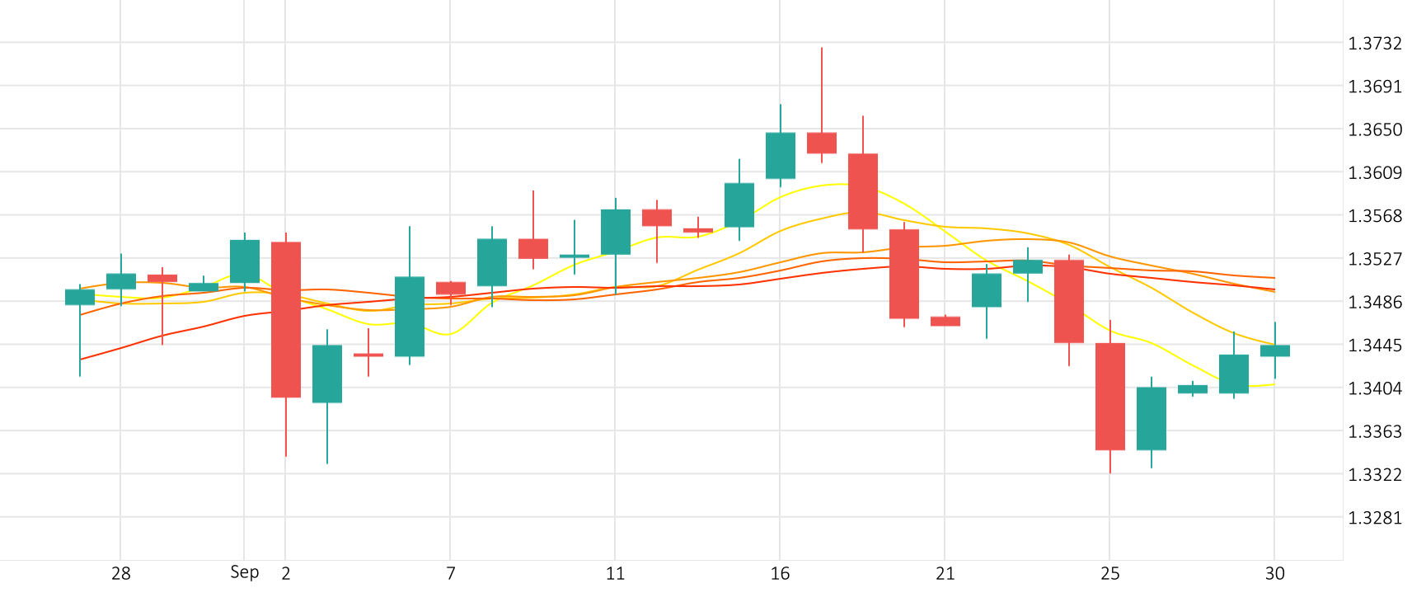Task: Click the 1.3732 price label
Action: tap(1374, 44)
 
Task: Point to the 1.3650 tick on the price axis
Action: tap(1374, 129)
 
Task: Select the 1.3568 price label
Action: tap(1374, 216)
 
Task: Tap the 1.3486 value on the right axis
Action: tap(1374, 302)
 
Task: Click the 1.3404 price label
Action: tap(1374, 388)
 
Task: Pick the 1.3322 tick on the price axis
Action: tap(1374, 475)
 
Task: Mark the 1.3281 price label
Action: tap(1374, 518)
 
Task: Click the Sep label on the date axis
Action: tap(244, 572)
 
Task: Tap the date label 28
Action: tap(121, 574)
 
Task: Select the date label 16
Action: tap(780, 574)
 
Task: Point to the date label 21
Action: tap(945, 574)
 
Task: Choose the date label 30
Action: tap(1274, 574)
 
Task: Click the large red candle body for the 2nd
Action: tap(286, 319)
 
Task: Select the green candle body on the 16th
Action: tap(781, 155)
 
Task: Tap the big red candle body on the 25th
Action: tap(1110, 396)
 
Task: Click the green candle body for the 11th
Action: tap(616, 232)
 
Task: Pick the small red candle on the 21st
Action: tap(945, 321)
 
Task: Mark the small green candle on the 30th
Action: tap(1275, 350)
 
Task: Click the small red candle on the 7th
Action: tap(451, 288)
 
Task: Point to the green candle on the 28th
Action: tap(121, 281)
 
